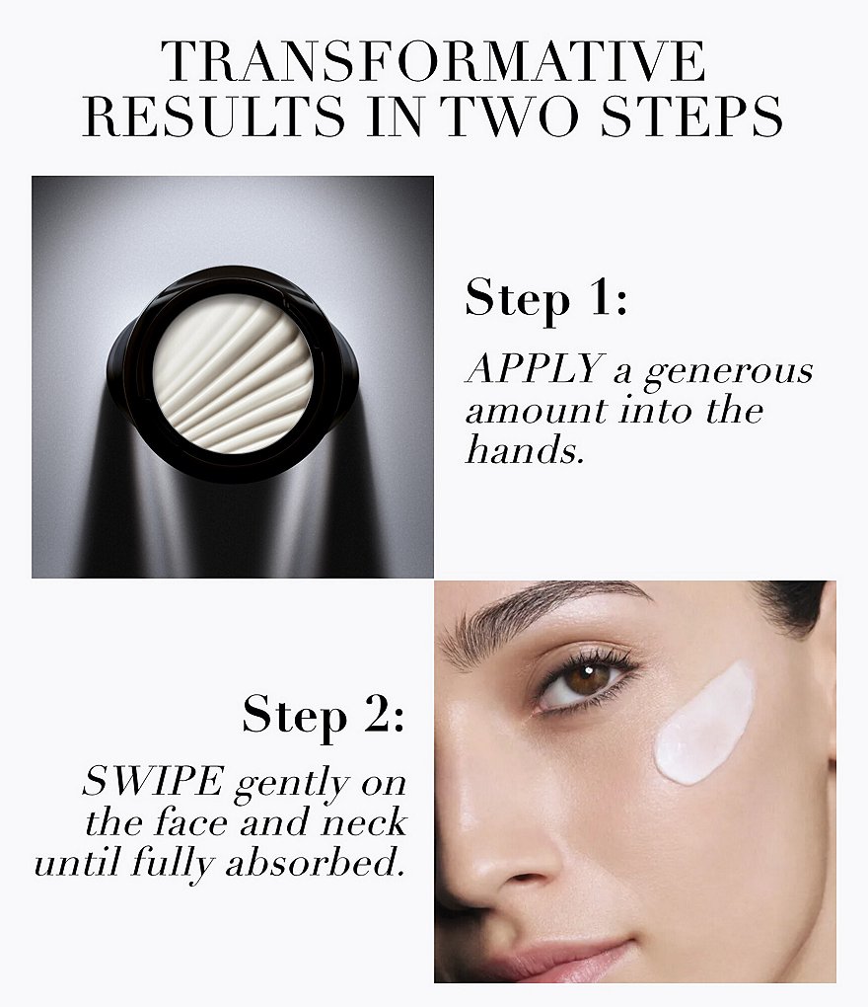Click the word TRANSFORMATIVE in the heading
(x=434, y=61)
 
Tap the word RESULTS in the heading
(x=214, y=116)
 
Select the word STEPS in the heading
(x=691, y=116)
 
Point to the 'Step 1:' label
(x=545, y=298)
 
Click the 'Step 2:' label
(x=324, y=715)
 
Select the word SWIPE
(x=153, y=782)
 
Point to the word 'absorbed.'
(x=316, y=863)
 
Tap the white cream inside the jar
(x=233, y=374)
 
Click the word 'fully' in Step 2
(x=172, y=864)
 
